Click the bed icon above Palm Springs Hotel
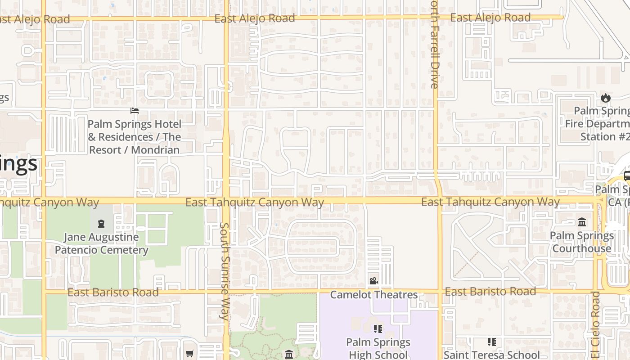click(x=134, y=111)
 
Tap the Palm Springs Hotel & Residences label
click(x=134, y=137)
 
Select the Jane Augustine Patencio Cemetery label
click(x=101, y=243)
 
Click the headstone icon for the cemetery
click(x=101, y=223)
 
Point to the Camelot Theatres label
click(x=374, y=295)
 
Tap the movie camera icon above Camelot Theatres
click(x=373, y=281)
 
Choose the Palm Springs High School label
click(x=378, y=348)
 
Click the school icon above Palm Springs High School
click(x=378, y=329)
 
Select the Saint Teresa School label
click(x=492, y=355)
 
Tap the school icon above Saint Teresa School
click(x=492, y=342)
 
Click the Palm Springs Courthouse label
click(x=581, y=242)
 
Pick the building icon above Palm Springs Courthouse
click(x=582, y=222)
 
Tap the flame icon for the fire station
click(x=606, y=98)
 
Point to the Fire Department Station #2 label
click(x=598, y=124)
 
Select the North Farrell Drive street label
click(x=434, y=45)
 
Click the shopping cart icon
click(x=190, y=354)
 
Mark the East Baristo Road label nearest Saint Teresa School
click(x=490, y=292)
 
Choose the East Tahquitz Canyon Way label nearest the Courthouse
click(x=490, y=202)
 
